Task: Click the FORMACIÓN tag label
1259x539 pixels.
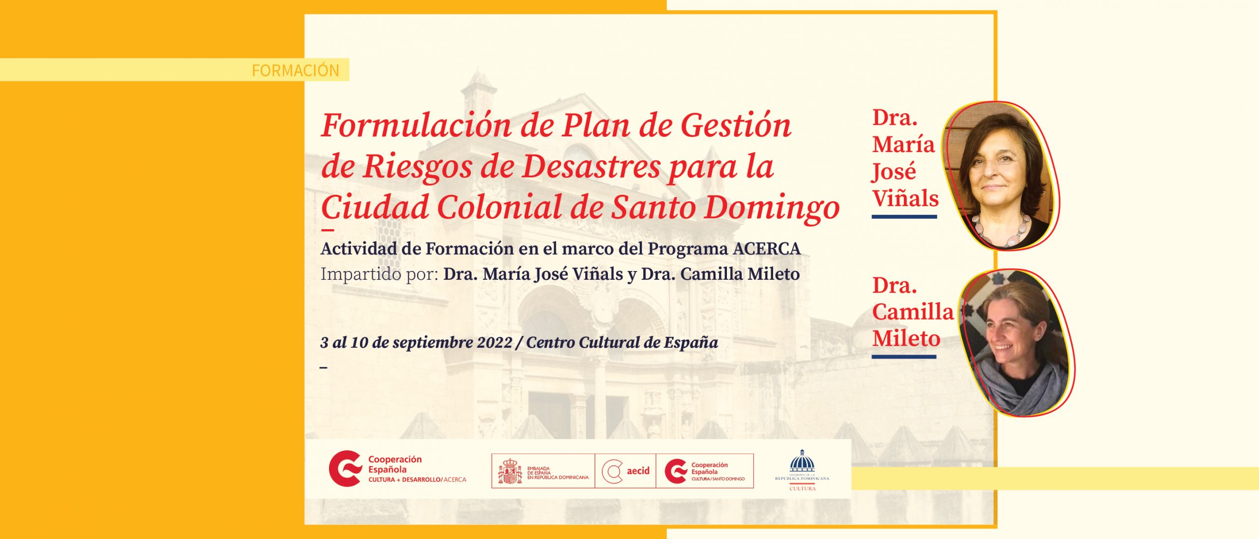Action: click(295, 70)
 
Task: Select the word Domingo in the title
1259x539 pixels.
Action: click(772, 208)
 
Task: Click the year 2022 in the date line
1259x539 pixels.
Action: click(491, 342)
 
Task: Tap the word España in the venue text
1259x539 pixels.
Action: click(690, 342)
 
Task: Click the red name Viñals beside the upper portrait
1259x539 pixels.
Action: click(905, 198)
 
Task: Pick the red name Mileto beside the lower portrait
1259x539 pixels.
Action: click(906, 338)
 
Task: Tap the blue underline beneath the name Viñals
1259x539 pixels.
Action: click(904, 216)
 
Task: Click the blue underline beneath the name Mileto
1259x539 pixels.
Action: click(904, 357)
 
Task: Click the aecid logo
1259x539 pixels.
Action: click(626, 471)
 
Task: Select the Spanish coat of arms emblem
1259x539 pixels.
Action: click(510, 471)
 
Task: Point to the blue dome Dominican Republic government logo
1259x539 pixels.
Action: click(802, 463)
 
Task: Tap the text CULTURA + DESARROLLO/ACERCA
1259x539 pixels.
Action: click(417, 479)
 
